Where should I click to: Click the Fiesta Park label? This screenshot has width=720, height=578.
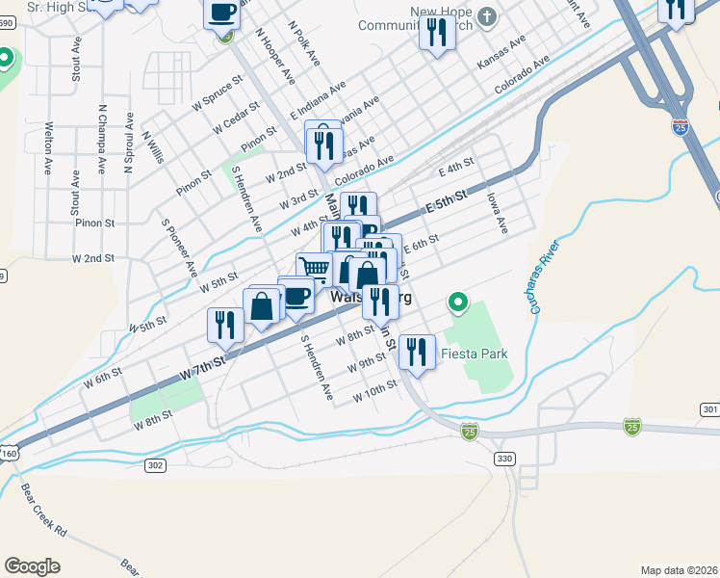tap(474, 354)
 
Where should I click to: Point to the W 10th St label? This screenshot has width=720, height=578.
tap(374, 396)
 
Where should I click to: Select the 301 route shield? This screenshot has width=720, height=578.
tap(710, 410)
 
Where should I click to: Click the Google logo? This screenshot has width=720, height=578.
tap(32, 565)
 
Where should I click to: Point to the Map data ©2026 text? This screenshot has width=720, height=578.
tap(679, 569)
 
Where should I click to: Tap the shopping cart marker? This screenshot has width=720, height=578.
tap(313, 268)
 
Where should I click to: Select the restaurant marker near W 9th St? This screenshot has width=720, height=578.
tap(416, 352)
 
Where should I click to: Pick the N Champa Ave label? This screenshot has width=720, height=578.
tap(100, 138)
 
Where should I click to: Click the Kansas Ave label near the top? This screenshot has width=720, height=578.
tap(501, 54)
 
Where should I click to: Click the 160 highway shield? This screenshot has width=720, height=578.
tap(9, 453)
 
